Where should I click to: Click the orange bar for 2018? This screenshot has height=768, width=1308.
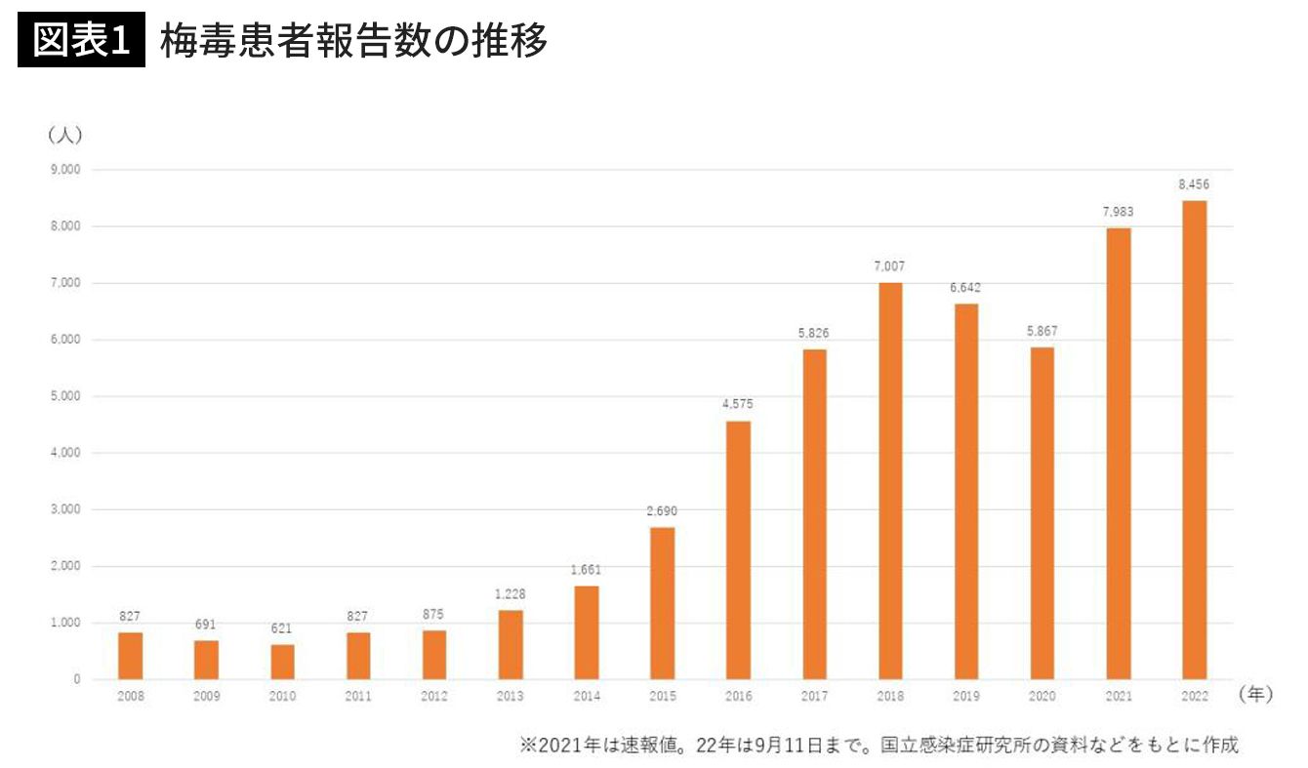pos(890,480)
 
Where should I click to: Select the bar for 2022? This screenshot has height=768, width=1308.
pos(1194,439)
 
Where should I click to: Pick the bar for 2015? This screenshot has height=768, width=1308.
pos(662,602)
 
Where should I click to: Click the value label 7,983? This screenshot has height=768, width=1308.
pos(1118,212)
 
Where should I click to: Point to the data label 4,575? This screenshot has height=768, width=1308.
pos(738,404)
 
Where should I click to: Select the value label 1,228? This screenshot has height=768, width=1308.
pos(510,593)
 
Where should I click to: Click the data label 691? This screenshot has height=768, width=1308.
pos(206,624)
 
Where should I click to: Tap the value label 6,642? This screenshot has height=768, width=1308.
pos(966,287)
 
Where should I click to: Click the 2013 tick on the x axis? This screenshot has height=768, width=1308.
pos(510,697)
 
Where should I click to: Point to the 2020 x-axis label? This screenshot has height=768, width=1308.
pos(1042,697)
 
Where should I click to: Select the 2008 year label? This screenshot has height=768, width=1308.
pos(130,697)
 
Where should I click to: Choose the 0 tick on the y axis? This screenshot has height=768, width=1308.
pos(75,679)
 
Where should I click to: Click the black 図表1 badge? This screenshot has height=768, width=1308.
pos(81,41)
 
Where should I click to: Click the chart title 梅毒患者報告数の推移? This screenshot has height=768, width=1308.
pos(353,41)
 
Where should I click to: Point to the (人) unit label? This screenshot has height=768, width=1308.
pos(64,135)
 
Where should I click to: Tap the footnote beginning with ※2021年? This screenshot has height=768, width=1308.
pos(879,745)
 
